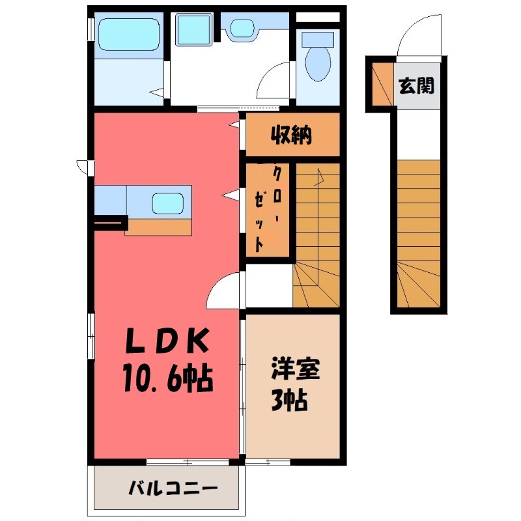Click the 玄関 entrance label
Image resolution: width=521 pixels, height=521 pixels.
click(x=417, y=85)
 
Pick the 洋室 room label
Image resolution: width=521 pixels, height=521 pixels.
click(x=295, y=370)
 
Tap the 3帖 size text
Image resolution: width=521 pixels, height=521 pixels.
click(x=289, y=399)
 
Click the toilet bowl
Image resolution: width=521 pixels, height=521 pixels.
click(x=318, y=63)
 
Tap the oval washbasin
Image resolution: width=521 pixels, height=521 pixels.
click(x=243, y=28)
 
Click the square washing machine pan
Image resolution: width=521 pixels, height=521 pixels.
click(x=192, y=30)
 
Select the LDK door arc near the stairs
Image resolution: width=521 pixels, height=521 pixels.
click(x=223, y=292)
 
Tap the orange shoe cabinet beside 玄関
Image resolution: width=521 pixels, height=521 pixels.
click(x=382, y=85)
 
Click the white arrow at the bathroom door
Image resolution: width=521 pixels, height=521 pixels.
click(x=157, y=93)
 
